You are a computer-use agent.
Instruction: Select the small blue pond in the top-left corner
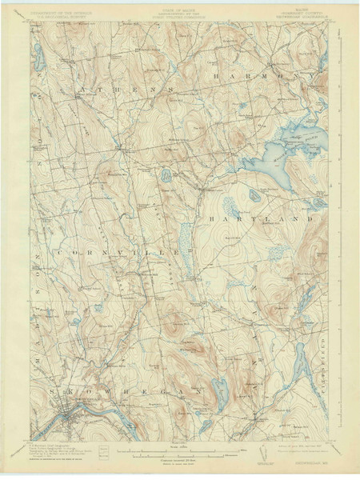(38, 56)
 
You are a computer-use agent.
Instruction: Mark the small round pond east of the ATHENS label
(165, 174)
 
